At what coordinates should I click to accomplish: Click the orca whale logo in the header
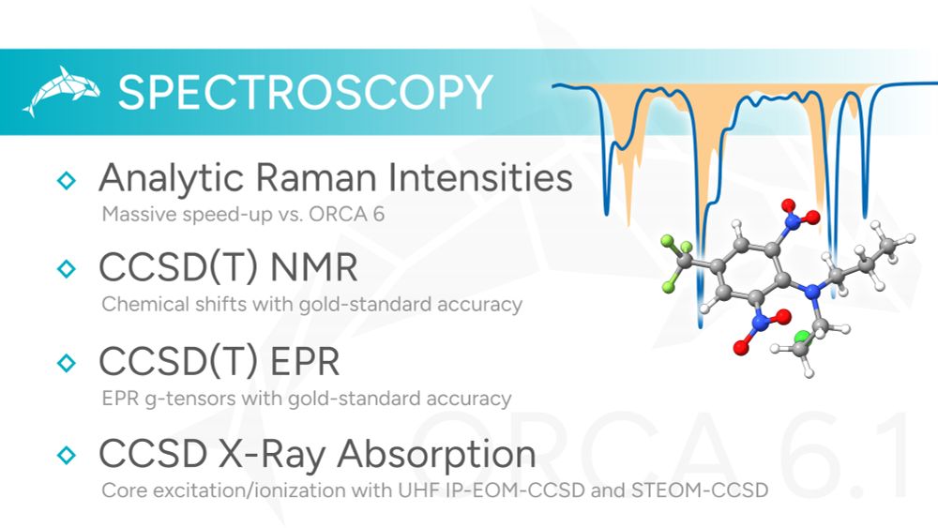[59, 91]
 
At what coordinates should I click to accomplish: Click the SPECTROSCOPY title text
[305, 93]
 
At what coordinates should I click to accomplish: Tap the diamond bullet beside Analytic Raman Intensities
[66, 180]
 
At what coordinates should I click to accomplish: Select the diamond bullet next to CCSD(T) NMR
[66, 269]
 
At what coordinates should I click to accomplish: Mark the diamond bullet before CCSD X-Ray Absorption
[66, 455]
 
